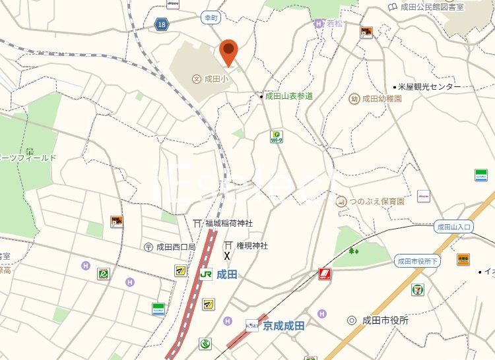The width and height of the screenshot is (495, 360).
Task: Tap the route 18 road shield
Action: (162, 24)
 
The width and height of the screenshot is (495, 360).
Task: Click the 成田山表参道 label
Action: (288, 96)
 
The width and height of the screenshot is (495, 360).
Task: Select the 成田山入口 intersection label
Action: (455, 227)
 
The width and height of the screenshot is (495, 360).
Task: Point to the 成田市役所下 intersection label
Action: (417, 261)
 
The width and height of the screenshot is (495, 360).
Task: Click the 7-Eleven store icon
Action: (418, 289)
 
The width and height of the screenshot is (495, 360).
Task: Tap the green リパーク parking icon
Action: (277, 136)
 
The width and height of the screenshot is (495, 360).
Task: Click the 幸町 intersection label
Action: (211, 18)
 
